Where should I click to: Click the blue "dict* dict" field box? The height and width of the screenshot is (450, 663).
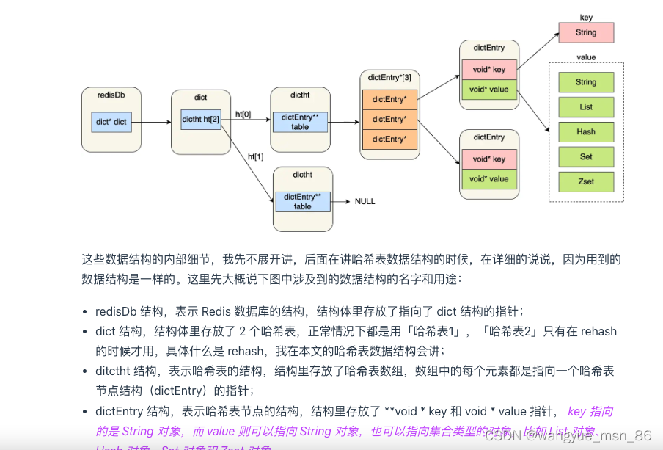click(111, 122)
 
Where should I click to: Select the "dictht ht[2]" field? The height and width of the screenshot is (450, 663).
click(200, 119)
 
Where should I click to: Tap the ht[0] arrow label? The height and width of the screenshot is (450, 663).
click(243, 115)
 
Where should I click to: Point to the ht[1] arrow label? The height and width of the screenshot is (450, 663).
click(255, 156)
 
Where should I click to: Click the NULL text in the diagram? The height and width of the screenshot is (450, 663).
click(365, 201)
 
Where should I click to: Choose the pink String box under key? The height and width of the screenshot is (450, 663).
click(585, 32)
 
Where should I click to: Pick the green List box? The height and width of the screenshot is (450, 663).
click(585, 107)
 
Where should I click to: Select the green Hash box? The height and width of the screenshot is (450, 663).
click(585, 132)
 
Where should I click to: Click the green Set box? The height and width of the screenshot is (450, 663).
click(585, 156)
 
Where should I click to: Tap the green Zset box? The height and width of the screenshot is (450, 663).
click(585, 181)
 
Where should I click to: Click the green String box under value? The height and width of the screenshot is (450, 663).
click(585, 82)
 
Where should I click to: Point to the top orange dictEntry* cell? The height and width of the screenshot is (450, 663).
click(389, 99)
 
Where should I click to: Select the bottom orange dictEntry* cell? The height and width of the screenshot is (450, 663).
click(389, 139)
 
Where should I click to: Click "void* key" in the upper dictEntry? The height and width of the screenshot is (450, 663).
click(488, 70)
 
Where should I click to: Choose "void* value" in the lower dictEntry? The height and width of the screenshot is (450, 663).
click(488, 178)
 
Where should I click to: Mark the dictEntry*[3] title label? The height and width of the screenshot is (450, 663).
click(389, 77)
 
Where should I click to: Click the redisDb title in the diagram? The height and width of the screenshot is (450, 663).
click(111, 95)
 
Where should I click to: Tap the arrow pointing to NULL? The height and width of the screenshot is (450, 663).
click(341, 201)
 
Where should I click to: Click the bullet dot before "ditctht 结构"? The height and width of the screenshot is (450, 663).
click(87, 371)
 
